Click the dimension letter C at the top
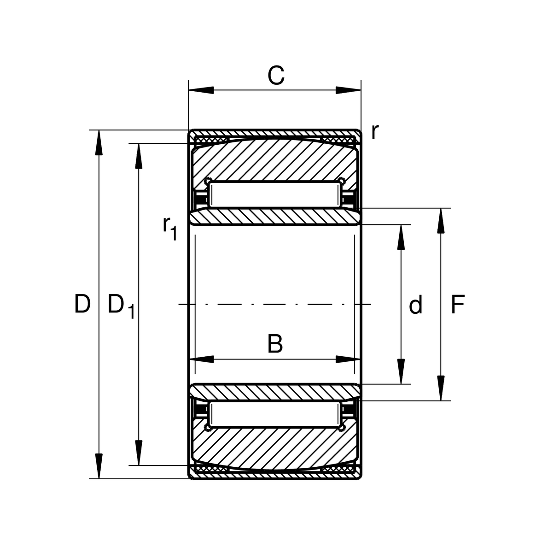tap(276, 75)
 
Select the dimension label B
tap(275, 343)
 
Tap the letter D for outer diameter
tap(82, 304)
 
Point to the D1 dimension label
tap(121, 306)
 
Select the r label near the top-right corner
tap(375, 132)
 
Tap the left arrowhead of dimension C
tap(201, 90)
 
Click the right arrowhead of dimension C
tap(349, 90)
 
